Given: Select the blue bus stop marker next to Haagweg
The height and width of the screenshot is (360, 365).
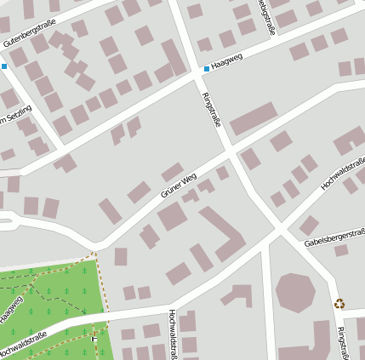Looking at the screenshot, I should coord(206,69).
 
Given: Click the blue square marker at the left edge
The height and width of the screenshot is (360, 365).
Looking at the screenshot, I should coord(3,66).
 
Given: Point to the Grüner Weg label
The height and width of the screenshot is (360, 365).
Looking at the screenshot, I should coord(179,185).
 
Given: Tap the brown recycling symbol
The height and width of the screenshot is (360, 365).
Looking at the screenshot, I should coord(339,302).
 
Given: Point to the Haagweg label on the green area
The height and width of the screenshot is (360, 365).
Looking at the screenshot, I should coord(12,307).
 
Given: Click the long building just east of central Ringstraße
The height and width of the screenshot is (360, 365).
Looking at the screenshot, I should coord(254,119).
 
